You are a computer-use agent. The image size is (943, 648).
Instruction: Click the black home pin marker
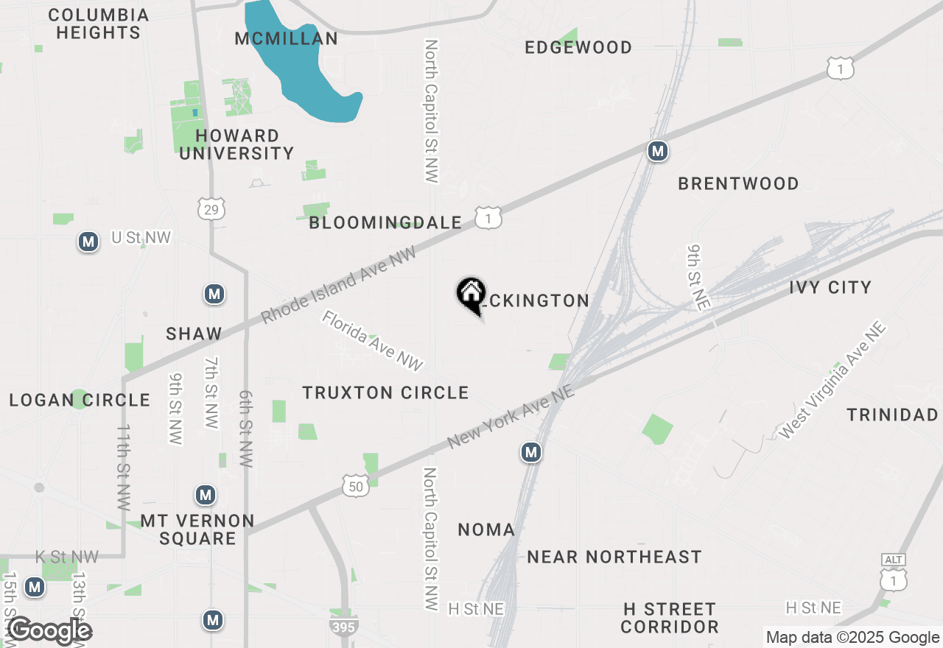tap(471, 295)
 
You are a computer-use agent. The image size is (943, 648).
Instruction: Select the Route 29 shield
tap(212, 208)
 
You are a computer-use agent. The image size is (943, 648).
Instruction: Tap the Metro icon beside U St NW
tap(88, 242)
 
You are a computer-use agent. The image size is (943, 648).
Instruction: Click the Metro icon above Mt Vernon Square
tap(206, 495)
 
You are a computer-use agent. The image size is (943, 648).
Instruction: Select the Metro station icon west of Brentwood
tap(657, 151)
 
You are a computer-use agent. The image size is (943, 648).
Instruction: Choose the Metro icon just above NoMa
tap(531, 452)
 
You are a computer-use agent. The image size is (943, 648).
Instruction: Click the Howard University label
tap(236, 144)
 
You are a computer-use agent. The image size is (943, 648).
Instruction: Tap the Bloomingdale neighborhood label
tap(385, 222)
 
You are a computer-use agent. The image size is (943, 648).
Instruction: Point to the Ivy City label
tap(830, 287)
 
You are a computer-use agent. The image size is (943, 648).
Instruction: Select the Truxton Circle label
tap(385, 392)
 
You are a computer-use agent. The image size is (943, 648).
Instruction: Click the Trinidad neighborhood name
tap(892, 415)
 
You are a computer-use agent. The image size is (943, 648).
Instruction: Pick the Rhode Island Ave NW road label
tap(339, 285)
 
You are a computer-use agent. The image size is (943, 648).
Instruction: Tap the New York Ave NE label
tap(511, 416)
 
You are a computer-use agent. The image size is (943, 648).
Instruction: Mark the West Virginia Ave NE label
tap(832, 381)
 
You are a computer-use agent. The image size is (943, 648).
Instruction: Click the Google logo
tap(49, 631)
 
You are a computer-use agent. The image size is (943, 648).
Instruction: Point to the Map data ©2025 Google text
tap(852, 638)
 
